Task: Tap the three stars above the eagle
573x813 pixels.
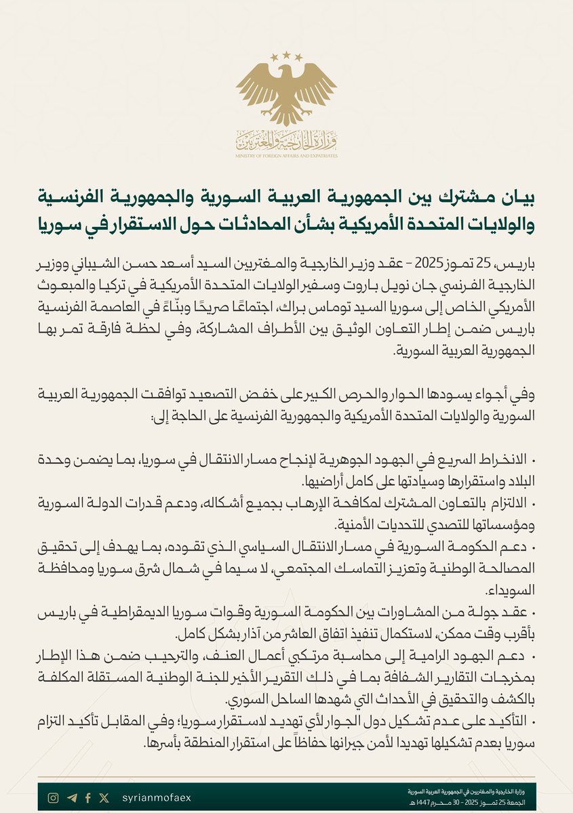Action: click(x=286, y=54)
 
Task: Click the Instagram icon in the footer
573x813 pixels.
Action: click(x=53, y=798)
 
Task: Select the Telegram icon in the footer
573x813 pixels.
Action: click(x=72, y=798)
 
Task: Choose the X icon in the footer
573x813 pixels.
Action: click(x=104, y=798)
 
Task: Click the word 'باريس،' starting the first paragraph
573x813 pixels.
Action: click(x=519, y=263)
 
